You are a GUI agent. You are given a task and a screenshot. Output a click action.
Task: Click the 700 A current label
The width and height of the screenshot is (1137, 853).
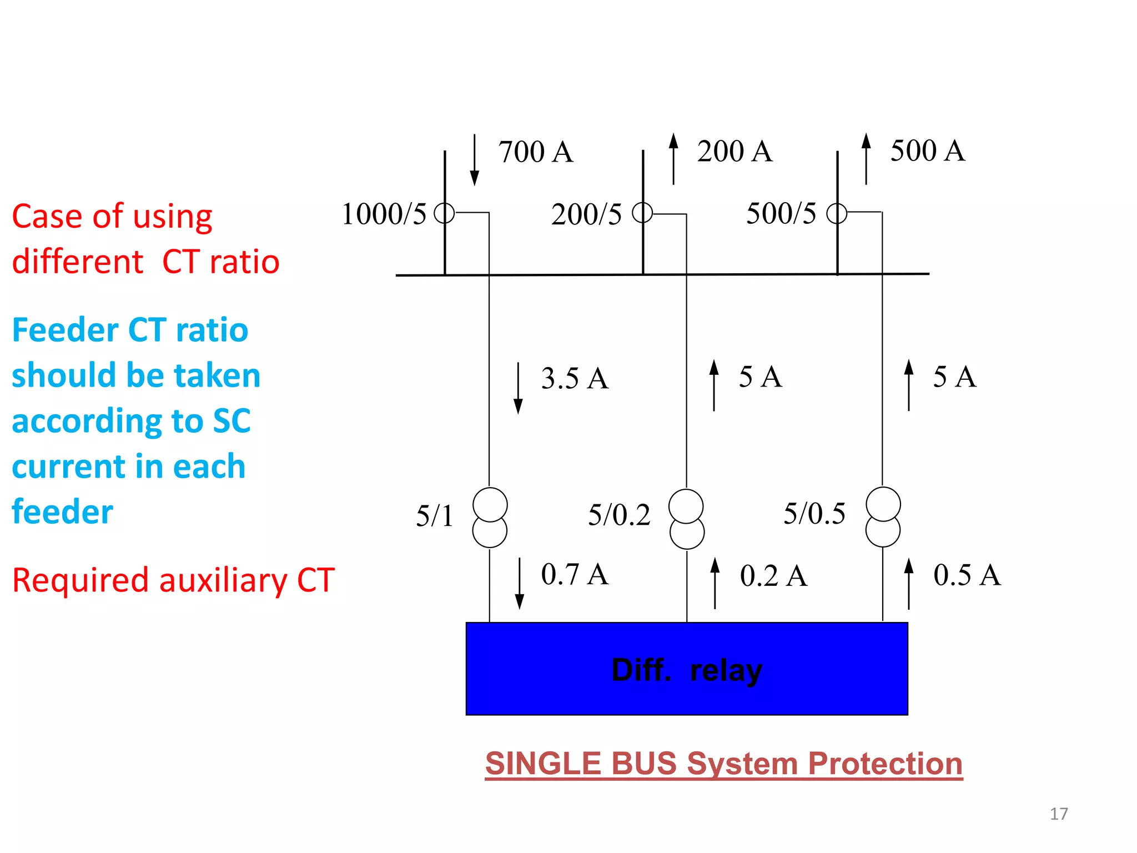(535, 152)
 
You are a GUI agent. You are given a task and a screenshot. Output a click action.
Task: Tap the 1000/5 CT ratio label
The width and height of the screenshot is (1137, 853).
(384, 214)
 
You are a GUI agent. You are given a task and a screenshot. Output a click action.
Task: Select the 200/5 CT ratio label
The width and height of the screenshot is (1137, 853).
(586, 214)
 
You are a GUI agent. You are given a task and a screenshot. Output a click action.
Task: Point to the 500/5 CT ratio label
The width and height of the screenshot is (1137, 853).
(781, 214)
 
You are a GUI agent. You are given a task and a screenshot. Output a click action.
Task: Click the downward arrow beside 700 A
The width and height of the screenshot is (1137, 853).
(474, 159)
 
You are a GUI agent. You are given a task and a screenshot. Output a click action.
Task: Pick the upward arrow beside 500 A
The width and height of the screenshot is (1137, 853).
(866, 158)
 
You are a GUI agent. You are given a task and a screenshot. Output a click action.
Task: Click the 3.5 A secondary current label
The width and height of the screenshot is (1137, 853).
(575, 379)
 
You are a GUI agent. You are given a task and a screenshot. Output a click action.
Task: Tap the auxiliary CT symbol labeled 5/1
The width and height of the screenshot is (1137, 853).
(490, 518)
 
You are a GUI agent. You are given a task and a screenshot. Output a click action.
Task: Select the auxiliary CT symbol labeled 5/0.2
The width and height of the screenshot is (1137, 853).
(687, 519)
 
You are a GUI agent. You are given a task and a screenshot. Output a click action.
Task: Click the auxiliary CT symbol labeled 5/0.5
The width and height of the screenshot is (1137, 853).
(883, 517)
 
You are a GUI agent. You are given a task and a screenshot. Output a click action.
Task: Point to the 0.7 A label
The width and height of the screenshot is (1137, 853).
(575, 574)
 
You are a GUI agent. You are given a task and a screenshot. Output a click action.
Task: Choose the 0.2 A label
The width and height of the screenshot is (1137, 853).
(773, 576)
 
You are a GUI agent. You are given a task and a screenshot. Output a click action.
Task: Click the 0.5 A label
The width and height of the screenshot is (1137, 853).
(967, 575)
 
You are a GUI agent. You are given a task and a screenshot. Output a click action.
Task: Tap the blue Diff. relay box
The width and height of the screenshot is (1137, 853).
(687, 669)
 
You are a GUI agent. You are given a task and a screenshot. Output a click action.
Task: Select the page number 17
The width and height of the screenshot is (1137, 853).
(1059, 814)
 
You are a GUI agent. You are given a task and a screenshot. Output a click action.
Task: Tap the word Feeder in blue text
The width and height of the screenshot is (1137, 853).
(65, 330)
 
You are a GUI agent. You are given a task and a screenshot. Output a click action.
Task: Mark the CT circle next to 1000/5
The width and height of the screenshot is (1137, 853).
(444, 213)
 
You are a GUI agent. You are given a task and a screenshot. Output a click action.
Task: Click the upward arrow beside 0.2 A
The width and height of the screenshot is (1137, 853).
(715, 583)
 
